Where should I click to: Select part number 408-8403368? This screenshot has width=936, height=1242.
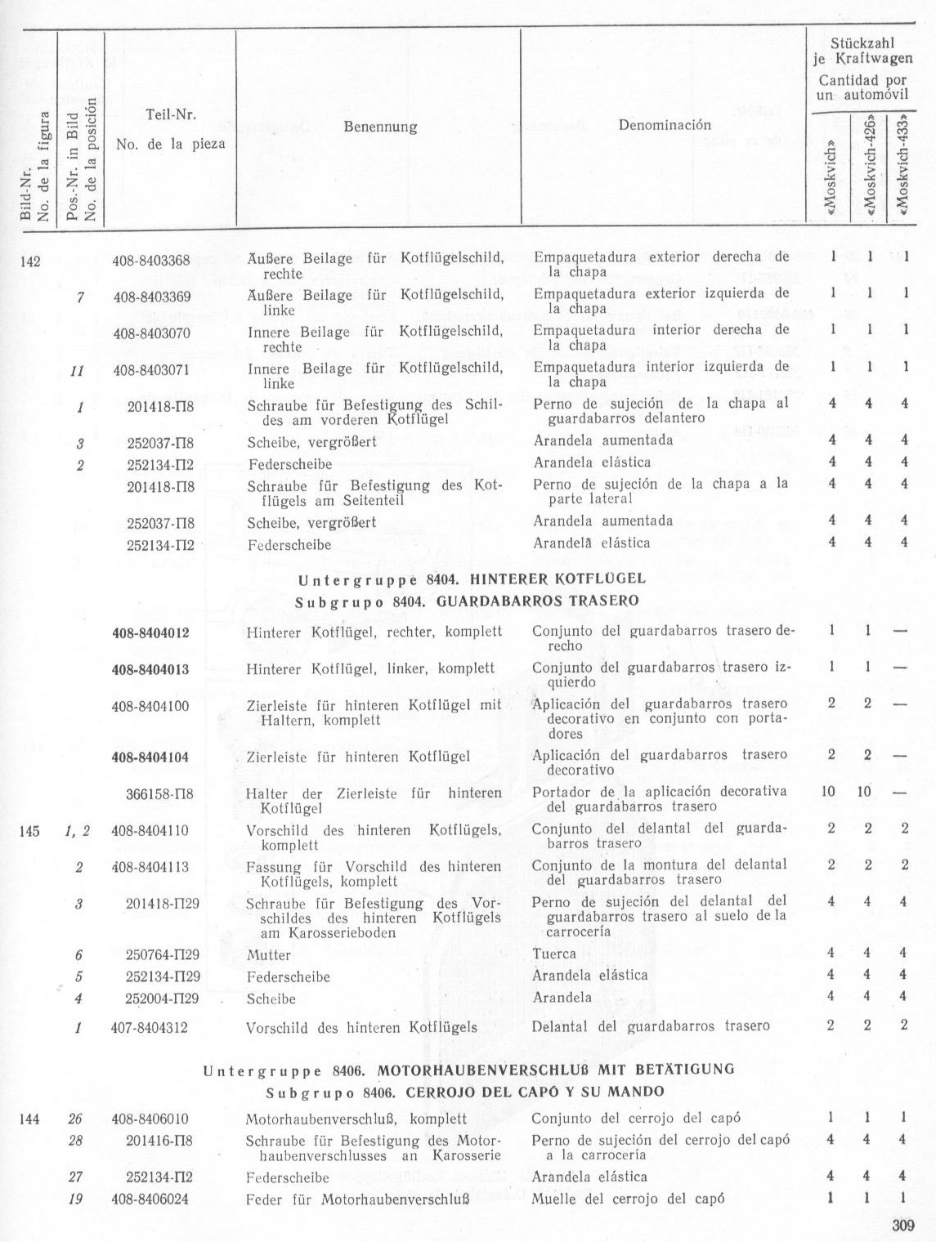151,260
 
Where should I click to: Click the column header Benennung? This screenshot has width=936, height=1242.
380,127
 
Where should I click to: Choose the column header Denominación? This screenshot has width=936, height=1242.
665,126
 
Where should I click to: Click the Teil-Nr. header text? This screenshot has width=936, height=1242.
170,116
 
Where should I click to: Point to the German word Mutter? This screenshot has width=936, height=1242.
268,954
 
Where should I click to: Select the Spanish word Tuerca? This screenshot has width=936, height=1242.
554,954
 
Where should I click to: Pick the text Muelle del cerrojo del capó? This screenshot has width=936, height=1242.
627,1200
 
